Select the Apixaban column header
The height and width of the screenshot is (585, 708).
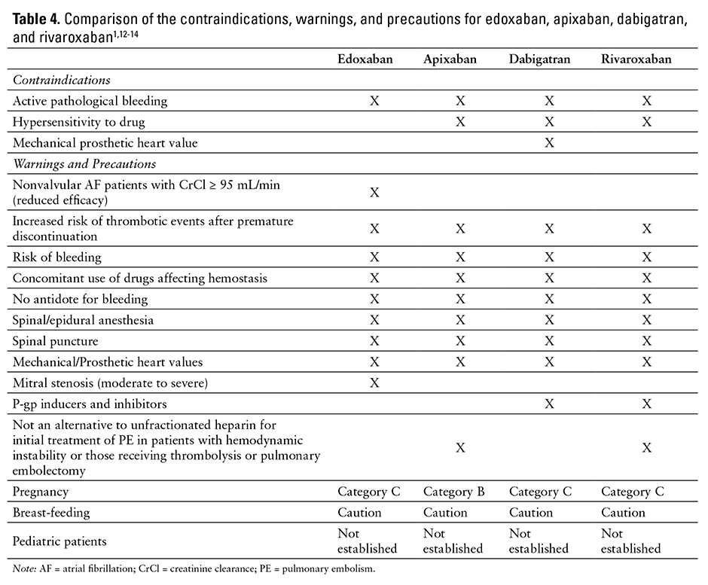pyautogui.click(x=450, y=59)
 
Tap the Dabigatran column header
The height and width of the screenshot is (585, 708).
pyautogui.click(x=548, y=59)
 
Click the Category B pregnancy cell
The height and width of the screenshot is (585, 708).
pyautogui.click(x=454, y=492)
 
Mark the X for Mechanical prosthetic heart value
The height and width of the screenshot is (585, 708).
pyautogui.click(x=549, y=142)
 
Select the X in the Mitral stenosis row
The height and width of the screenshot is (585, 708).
pyautogui.click(x=374, y=383)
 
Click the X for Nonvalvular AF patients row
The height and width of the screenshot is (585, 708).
pyautogui.click(x=374, y=192)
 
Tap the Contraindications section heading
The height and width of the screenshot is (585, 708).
pyautogui.click(x=62, y=80)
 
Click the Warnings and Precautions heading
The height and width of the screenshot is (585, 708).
pyautogui.click(x=83, y=163)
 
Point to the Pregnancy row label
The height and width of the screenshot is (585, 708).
pyautogui.click(x=41, y=492)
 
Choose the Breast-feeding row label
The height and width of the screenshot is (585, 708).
pyautogui.click(x=51, y=513)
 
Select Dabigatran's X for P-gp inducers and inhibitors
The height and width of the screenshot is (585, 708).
pyautogui.click(x=549, y=404)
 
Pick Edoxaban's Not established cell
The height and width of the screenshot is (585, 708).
pyautogui.click(x=367, y=541)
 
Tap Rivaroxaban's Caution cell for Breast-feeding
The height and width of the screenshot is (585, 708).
pyautogui.click(x=623, y=513)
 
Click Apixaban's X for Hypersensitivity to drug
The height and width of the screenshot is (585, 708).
pyautogui.click(x=461, y=121)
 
